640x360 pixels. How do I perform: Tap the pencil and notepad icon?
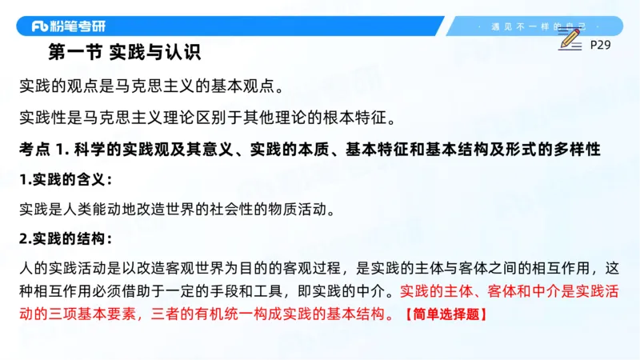click(x=570, y=40)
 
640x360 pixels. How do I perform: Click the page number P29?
click(x=600, y=45)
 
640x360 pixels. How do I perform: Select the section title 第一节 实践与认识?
click(x=123, y=53)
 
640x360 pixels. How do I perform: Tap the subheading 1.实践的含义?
click(x=66, y=179)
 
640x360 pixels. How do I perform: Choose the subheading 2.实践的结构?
click(x=66, y=238)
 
